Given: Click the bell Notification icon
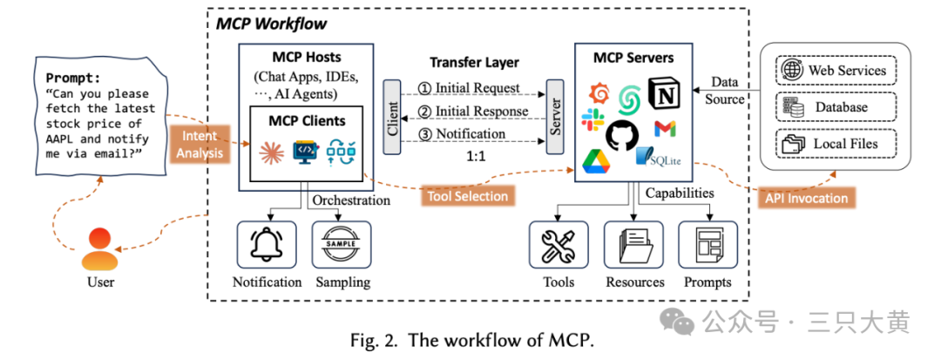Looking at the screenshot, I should coord(267,244).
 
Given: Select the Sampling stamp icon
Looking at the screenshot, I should coord(341,244).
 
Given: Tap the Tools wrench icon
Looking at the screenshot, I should coord(559,245).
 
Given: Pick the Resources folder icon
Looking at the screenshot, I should coord(633,245).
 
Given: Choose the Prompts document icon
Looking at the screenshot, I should coord(707,245).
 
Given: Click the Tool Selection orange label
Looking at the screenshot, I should coord(467,196).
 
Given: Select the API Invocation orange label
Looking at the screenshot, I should coord(806,198).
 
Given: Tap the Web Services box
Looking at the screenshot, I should coord(834,71).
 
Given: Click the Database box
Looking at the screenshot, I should coord(834,107).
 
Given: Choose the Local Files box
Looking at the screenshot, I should coord(834,143).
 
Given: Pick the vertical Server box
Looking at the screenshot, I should coord(554,117).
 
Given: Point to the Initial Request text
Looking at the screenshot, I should coord(470,88).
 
